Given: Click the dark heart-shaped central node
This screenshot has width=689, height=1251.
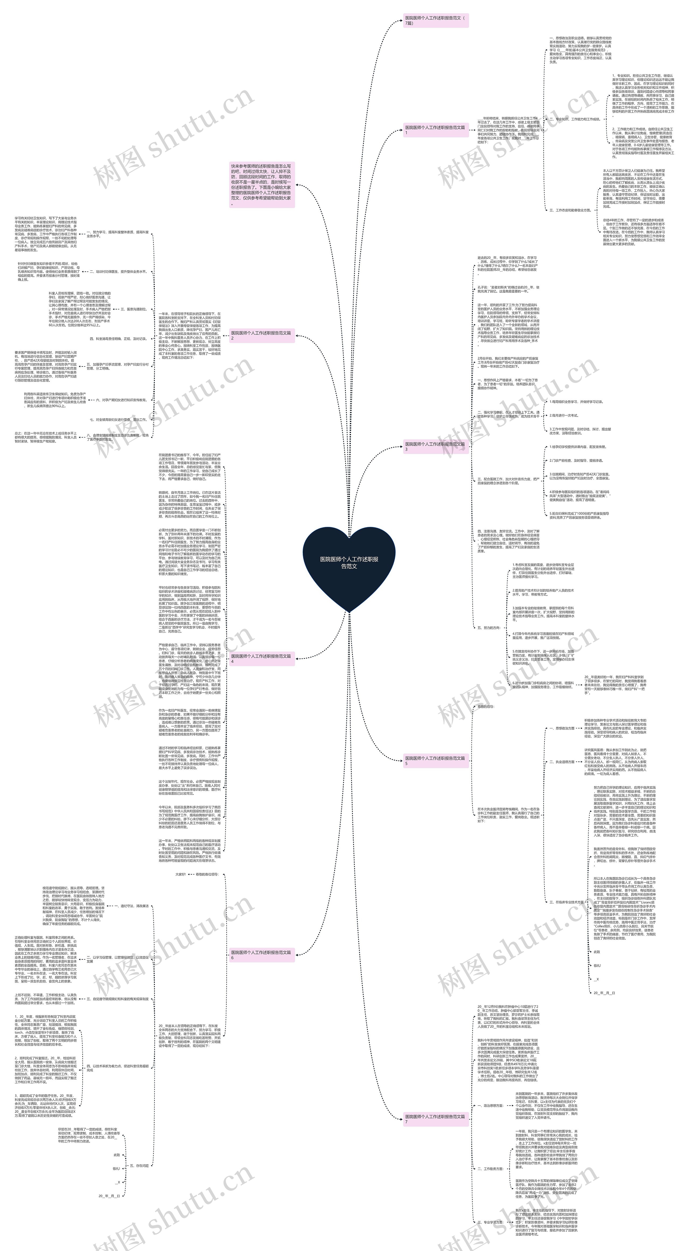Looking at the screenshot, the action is point(349,563).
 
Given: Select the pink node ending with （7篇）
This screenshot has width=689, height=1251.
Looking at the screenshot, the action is point(435,20).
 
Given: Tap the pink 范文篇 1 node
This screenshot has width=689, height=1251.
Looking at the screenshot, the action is point(435,130).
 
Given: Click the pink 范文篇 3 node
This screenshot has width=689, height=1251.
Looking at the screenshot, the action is point(435,446).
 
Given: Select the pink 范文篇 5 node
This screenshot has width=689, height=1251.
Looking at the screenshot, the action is point(435,760).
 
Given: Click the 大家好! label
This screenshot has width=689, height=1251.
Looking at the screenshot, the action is point(181,874).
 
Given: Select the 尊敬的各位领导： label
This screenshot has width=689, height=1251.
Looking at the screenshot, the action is point(207,874).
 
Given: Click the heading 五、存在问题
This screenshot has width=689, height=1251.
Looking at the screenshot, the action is point(139,1166).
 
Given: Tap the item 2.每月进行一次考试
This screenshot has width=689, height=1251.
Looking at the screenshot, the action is point(564,416).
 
